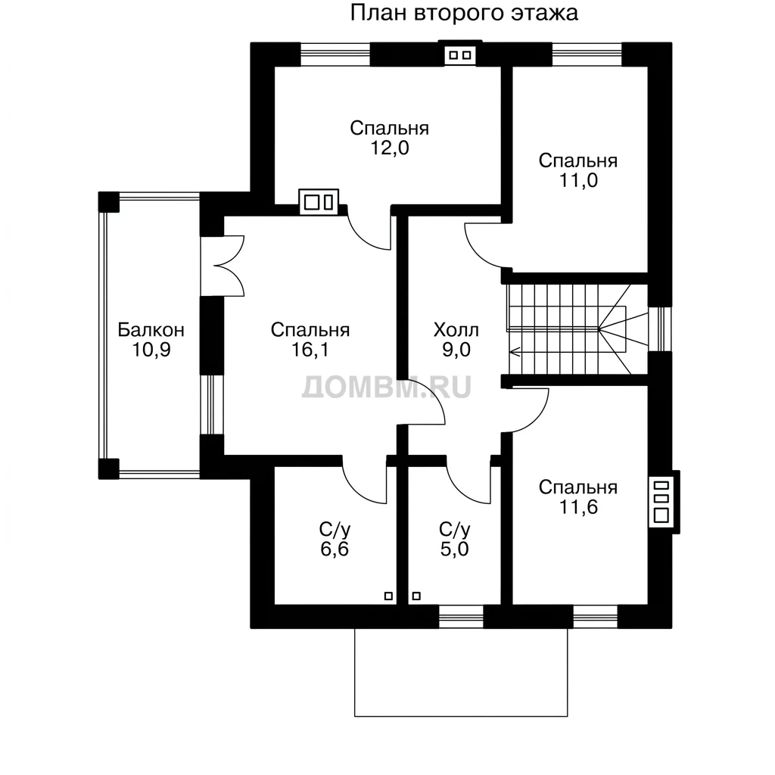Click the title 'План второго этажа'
click(x=464, y=13)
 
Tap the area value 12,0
click(x=390, y=148)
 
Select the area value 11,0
click(x=578, y=180)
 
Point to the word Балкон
click(x=151, y=330)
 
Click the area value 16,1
click(x=310, y=350)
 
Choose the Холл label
click(x=456, y=330)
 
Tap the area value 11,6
click(x=578, y=507)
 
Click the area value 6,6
click(x=335, y=549)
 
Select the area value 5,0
click(x=454, y=549)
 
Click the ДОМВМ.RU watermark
click(x=387, y=387)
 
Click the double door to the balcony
click(x=223, y=266)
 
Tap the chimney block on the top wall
click(x=460, y=54)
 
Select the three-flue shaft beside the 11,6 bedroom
click(x=661, y=502)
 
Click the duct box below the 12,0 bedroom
click(x=319, y=202)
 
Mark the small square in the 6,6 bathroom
click(x=388, y=596)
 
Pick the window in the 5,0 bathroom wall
click(x=461, y=617)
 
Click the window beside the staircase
click(x=660, y=329)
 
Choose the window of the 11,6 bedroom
click(x=596, y=617)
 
